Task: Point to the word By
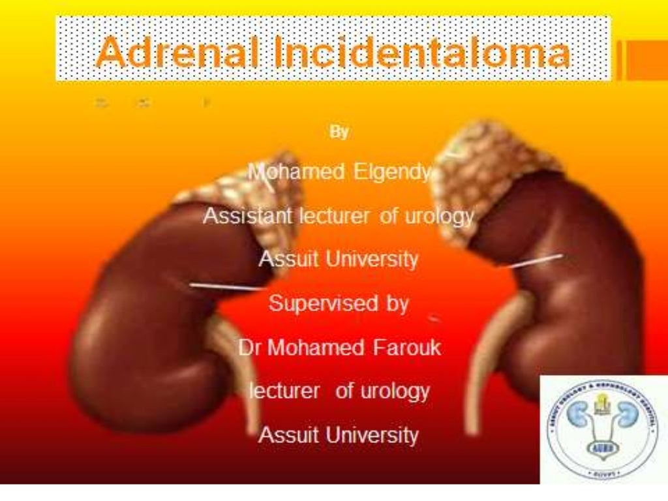339,132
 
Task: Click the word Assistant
247,216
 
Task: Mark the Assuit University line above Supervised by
339,259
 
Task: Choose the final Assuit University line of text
339,434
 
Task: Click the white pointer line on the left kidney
225,286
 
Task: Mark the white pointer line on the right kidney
532,260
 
